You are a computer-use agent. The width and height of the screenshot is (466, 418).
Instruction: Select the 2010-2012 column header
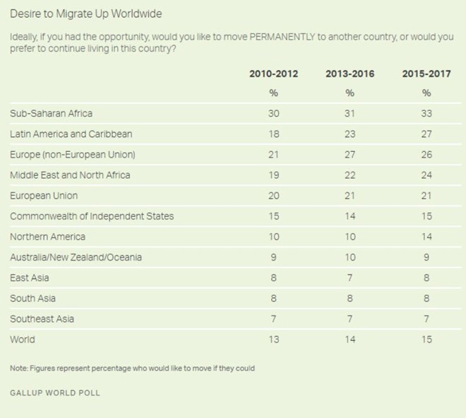pos(273,73)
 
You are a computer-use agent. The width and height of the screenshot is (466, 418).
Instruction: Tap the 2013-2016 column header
pos(349,73)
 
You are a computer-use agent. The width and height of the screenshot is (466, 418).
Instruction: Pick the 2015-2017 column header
pos(426,73)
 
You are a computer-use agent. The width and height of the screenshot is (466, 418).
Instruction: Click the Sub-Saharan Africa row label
pos(52,113)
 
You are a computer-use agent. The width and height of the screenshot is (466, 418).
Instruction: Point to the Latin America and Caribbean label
pos(71,133)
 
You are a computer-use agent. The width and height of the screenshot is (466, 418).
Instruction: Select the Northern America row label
pos(47,237)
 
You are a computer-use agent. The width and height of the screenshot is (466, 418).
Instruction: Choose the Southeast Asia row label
pos(42,318)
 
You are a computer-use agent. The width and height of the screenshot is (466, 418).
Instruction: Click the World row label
pos(23,339)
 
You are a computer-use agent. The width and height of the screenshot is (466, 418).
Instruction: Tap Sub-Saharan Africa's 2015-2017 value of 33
pos(426,113)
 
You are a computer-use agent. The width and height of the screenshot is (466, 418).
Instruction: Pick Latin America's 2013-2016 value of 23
pos(349,133)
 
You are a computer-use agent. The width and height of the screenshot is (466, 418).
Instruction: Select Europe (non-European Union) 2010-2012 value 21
pos(273,154)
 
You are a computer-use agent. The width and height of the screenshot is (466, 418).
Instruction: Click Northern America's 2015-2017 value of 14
pos(426,237)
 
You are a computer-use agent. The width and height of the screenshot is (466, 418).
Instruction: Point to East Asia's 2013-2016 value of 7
pos(349,277)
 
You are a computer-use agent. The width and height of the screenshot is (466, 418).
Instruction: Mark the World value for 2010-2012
pos(273,339)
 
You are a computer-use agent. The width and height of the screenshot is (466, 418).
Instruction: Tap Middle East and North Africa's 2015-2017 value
pos(426,174)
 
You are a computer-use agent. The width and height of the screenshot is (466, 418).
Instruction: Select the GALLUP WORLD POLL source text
pos(55,393)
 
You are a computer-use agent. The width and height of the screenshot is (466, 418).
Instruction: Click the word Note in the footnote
pos(19,369)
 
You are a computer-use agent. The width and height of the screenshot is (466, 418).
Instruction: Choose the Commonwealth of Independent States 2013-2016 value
pos(349,216)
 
